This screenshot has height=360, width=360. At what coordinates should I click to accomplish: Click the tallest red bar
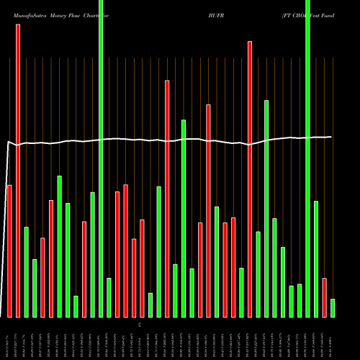coord(18,170)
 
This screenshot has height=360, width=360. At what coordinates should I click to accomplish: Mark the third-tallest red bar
coord(167,198)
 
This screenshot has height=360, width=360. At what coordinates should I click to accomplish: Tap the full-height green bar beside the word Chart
coord(101,158)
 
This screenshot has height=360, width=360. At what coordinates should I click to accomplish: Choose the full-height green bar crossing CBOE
coord(308,158)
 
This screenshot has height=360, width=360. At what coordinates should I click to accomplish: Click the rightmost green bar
coord(333,308)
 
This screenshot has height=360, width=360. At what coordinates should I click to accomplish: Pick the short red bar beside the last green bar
coord(325,297)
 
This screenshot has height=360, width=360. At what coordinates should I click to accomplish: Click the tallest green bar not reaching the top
coord(266,208)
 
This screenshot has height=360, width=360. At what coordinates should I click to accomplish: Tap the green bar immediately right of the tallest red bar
coord(27,271)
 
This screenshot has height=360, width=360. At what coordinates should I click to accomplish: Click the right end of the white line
coord(331,137)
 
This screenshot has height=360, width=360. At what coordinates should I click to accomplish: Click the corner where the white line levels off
coord(9,142)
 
